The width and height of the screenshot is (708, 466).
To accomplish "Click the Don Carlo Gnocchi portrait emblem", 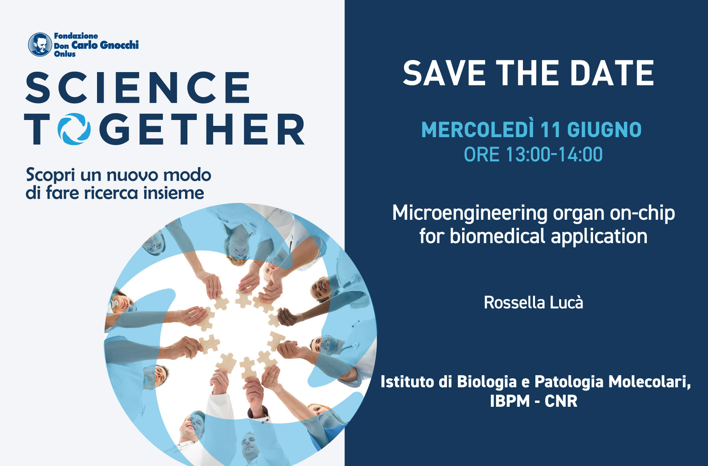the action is click(x=40, y=44).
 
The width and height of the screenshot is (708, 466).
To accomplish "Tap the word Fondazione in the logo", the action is click(x=76, y=36).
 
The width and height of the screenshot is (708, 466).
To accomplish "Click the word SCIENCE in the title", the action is click(x=138, y=88).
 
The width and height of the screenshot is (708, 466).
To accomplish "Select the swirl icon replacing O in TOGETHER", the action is click(x=74, y=129).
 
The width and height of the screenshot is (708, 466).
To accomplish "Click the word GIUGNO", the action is click(x=604, y=130).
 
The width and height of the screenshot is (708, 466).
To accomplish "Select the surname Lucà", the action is click(x=567, y=302).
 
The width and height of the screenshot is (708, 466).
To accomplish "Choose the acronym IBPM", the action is click(x=510, y=401).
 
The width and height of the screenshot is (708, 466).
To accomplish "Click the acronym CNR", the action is click(x=561, y=401).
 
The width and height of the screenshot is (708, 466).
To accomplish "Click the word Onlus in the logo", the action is click(x=65, y=54).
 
